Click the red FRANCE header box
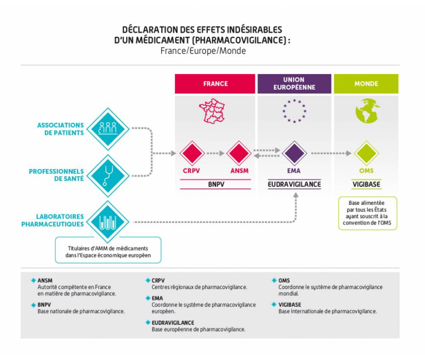click(x=215, y=84)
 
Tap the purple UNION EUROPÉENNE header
click(x=294, y=84)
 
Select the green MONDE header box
click(x=366, y=84)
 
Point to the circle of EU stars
click(x=294, y=111)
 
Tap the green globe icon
click(x=366, y=111)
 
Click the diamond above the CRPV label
click(x=192, y=153)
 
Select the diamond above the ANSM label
click(x=239, y=153)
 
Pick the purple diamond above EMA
click(x=294, y=153)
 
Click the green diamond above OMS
click(x=366, y=153)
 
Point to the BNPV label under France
click(x=215, y=184)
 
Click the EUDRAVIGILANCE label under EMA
click(x=294, y=184)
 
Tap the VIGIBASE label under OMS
click(x=366, y=184)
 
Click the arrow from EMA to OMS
click(x=331, y=154)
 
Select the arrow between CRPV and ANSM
click(x=216, y=154)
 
